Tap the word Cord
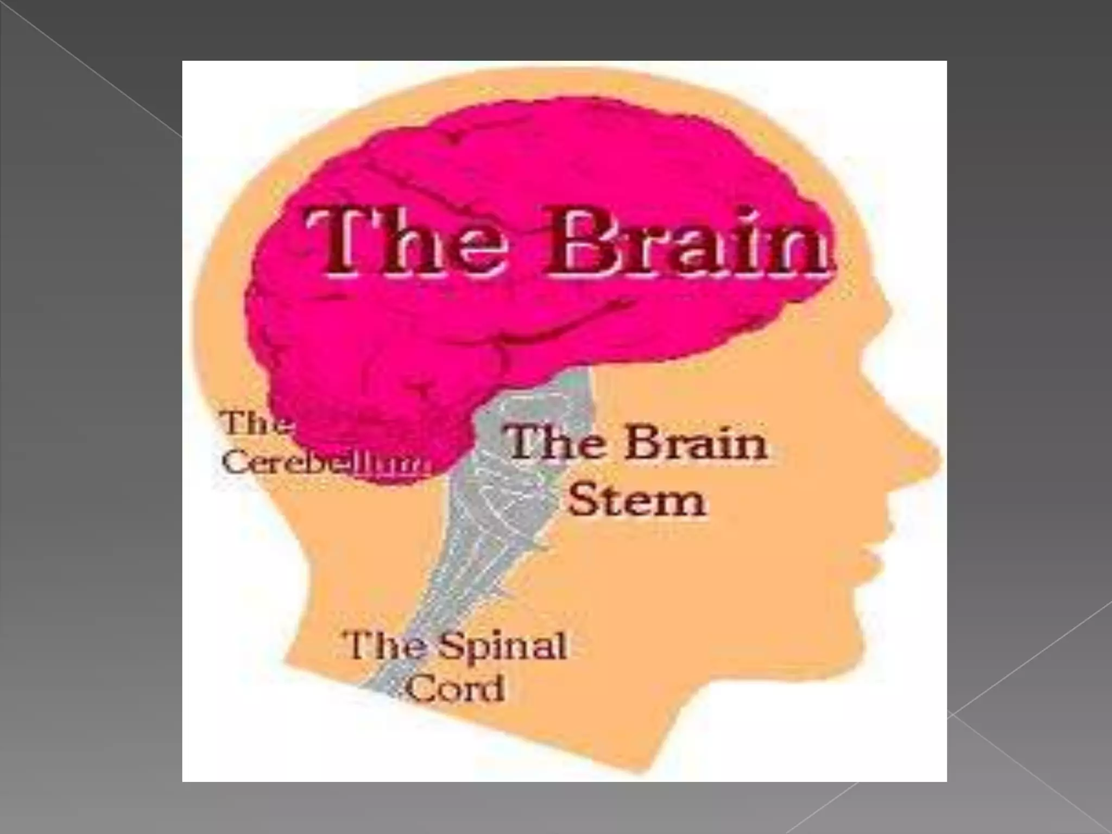(456, 688)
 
